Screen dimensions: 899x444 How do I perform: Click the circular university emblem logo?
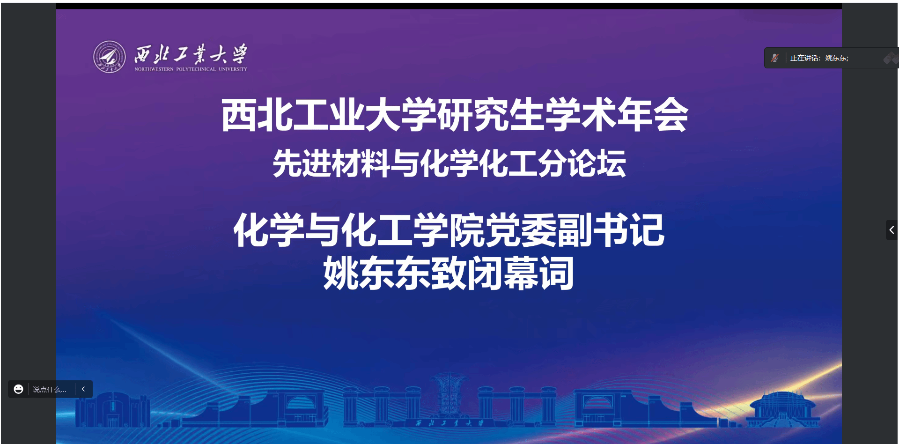(110, 57)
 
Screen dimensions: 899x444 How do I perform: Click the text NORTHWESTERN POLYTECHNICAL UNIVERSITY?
(191, 69)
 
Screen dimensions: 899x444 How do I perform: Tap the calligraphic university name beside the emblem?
(191, 54)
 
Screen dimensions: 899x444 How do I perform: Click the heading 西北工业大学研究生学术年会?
(455, 115)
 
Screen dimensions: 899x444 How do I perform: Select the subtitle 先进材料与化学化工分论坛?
(449, 163)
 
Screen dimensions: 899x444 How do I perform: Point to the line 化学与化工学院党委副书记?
(449, 229)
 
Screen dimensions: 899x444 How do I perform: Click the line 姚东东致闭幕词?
(449, 273)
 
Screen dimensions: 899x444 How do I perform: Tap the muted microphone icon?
(775, 58)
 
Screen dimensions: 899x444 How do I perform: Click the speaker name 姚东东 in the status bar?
(836, 58)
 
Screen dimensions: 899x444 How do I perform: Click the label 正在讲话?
(804, 58)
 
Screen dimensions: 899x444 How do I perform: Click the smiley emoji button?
(19, 389)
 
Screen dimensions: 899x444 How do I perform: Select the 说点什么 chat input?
(50, 390)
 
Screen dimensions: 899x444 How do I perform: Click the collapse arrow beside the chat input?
(83, 389)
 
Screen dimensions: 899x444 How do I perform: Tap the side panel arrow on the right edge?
(892, 230)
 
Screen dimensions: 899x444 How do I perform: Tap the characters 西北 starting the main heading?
(257, 115)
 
